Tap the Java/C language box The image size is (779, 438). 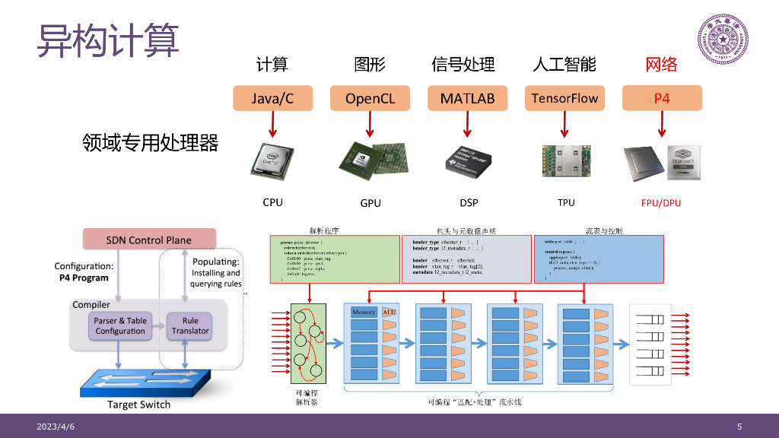[x=272, y=98]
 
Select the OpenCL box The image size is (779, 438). [x=370, y=98]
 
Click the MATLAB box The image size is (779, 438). [x=467, y=98]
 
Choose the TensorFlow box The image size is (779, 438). [x=564, y=98]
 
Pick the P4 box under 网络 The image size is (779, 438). [x=662, y=98]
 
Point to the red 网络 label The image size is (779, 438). [x=661, y=65]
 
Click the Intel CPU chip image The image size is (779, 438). [x=272, y=161]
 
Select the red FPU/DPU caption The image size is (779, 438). [x=661, y=203]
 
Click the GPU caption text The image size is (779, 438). [x=370, y=203]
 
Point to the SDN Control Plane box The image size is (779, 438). [x=148, y=240]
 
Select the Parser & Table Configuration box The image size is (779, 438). [x=120, y=325]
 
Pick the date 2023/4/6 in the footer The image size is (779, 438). [x=56, y=427]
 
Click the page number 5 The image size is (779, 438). [x=739, y=427]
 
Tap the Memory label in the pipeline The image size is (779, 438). [x=364, y=312]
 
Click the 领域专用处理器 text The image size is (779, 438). [x=150, y=142]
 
